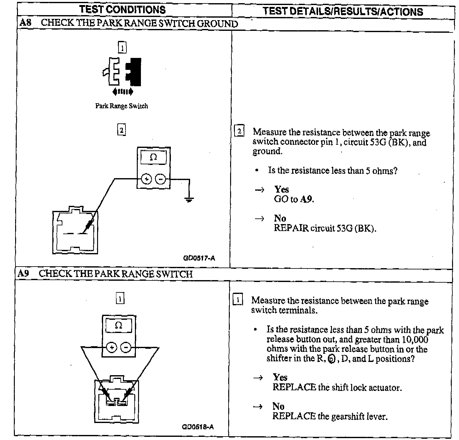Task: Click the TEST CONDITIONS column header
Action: [x=123, y=9]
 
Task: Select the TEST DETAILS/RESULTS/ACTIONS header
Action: [x=343, y=11]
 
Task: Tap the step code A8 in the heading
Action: [x=26, y=23]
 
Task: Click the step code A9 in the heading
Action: [x=24, y=273]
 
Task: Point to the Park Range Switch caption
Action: [x=122, y=106]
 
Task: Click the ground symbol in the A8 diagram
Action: [x=189, y=199]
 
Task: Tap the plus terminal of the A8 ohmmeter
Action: [x=146, y=179]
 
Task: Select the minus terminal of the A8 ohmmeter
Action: [x=161, y=179]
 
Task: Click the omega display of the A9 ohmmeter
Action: [x=119, y=326]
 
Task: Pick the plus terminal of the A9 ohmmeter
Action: [x=111, y=347]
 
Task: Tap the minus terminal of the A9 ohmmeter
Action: [x=126, y=347]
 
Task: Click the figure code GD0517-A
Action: [x=199, y=258]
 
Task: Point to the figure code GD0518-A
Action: [x=198, y=427]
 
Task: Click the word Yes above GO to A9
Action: [x=281, y=189]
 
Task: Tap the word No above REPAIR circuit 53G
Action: [x=280, y=218]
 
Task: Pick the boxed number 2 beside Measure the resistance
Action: [x=239, y=131]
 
